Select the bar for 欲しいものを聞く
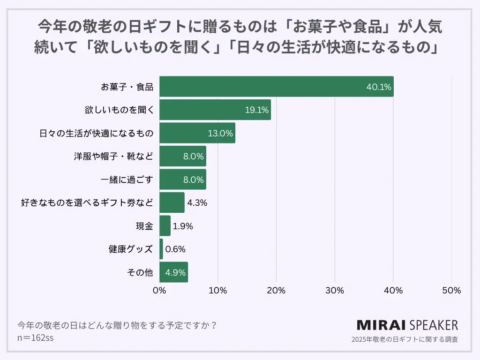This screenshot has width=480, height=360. pyautogui.click(x=215, y=110)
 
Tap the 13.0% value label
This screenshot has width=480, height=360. pyautogui.click(x=220, y=133)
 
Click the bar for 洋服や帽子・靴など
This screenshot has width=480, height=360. pyautogui.click(x=183, y=156)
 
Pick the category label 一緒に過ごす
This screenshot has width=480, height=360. pyautogui.click(x=127, y=180)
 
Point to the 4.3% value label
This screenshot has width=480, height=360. pyautogui.click(x=197, y=203)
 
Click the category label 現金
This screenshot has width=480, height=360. pyautogui.click(x=144, y=226)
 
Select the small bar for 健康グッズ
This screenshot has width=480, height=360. pyautogui.click(x=161, y=249)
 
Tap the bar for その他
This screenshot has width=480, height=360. pyautogui.click(x=173, y=272)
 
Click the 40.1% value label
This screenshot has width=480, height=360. pyautogui.click(x=379, y=87)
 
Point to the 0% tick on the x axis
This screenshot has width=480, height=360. pyautogui.click(x=160, y=291)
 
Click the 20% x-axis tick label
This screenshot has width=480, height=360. pyautogui.click(x=276, y=291)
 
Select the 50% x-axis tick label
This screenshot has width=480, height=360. pyautogui.click(x=451, y=291)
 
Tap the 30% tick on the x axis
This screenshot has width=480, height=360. pyautogui.click(x=335, y=291)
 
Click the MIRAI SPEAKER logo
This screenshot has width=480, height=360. pyautogui.click(x=407, y=325)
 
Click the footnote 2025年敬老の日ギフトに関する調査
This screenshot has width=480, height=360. pyautogui.click(x=405, y=339)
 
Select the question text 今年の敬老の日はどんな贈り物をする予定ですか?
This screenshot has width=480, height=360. pyautogui.click(x=117, y=325)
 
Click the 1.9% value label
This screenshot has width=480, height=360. pyautogui.click(x=183, y=226)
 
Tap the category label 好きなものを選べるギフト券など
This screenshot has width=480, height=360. pyautogui.click(x=87, y=203)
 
